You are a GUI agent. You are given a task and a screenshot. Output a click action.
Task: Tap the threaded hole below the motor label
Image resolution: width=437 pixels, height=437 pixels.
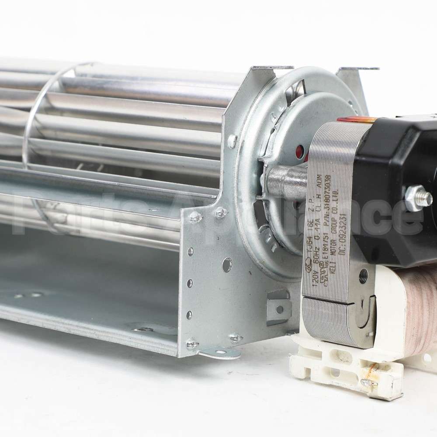(x=363, y=275)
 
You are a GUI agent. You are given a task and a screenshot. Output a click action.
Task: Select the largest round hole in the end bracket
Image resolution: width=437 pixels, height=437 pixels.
(x=227, y=264)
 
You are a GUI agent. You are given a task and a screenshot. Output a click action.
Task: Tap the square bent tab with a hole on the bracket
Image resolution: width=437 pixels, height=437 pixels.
(x=279, y=308)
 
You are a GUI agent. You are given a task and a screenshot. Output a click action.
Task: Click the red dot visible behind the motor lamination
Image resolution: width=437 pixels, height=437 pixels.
(x=299, y=153)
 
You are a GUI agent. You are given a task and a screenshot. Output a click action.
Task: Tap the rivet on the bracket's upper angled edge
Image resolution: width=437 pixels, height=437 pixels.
(x=233, y=140)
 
